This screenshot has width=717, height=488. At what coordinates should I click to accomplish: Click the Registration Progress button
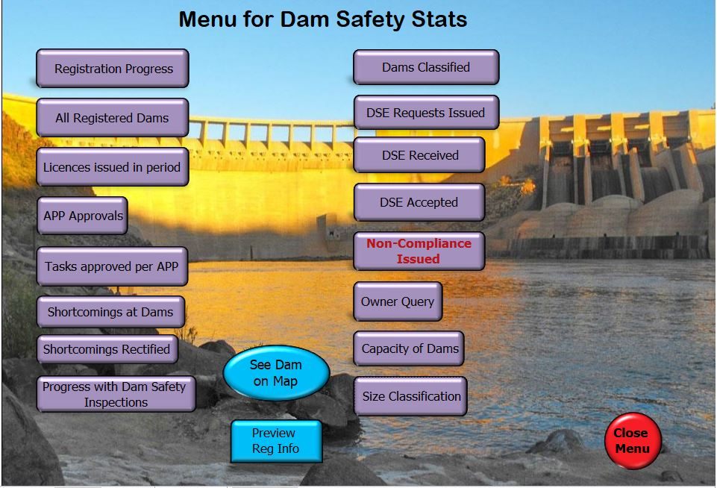click(x=113, y=68)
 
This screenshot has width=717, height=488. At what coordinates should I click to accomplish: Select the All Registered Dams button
click(x=113, y=118)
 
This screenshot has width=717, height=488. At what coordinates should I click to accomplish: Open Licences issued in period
click(x=113, y=167)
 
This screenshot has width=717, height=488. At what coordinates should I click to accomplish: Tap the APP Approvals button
click(x=82, y=216)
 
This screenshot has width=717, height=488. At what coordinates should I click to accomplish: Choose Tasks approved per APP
click(x=113, y=266)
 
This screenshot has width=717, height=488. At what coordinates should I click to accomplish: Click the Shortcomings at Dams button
click(x=111, y=312)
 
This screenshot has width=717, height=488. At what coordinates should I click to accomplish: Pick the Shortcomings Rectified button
click(x=107, y=349)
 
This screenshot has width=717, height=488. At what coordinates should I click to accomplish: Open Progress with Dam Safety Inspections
click(x=116, y=394)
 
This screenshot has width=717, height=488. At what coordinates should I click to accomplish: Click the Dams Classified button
click(x=426, y=67)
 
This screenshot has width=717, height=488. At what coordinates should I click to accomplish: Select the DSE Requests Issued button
click(x=426, y=113)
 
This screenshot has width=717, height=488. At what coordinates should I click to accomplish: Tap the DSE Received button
click(x=419, y=155)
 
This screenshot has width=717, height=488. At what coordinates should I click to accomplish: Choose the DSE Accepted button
click(x=419, y=202)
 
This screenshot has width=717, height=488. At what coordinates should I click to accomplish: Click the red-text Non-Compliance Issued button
click(x=419, y=251)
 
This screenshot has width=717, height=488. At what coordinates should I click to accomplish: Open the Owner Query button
click(x=398, y=301)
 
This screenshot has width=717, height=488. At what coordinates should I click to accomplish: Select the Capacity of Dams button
click(x=409, y=348)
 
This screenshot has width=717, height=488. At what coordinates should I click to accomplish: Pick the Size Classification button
click(x=410, y=396)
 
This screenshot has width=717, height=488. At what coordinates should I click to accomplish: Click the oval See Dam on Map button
click(x=276, y=373)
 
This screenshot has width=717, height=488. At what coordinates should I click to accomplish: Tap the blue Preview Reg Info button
click(x=276, y=441)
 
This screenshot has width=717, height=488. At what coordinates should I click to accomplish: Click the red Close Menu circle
click(x=633, y=440)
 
